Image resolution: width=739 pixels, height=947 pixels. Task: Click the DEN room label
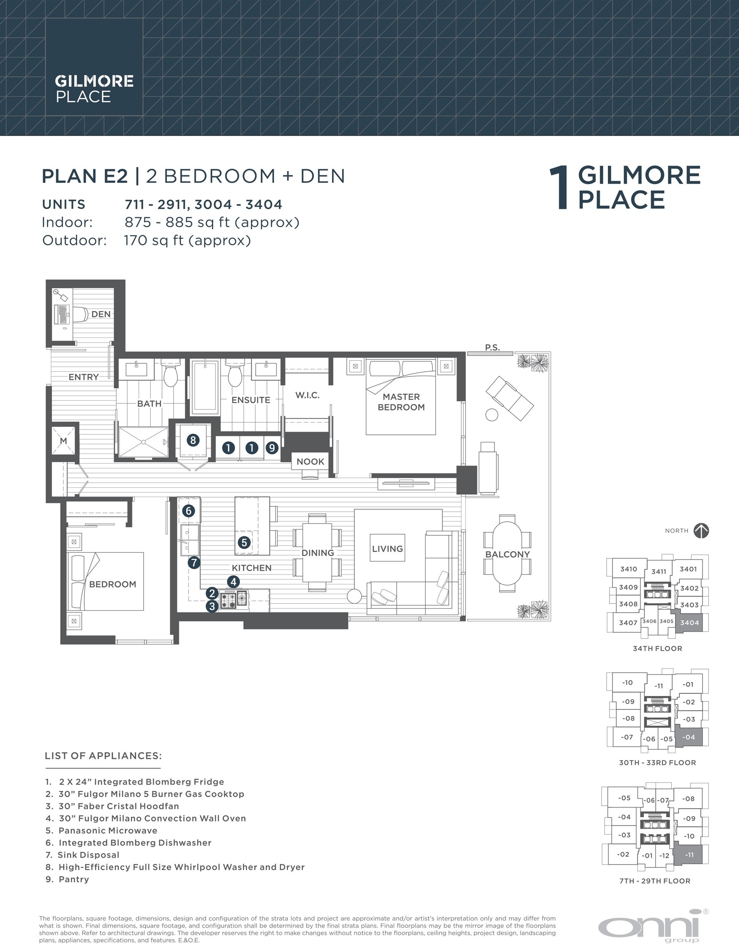pyautogui.click(x=101, y=314)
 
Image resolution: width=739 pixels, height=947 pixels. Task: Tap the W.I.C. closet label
pyautogui.click(x=307, y=395)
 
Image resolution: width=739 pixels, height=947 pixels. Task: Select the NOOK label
pyautogui.click(x=310, y=461)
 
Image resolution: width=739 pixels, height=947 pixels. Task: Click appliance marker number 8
pyautogui.click(x=193, y=441)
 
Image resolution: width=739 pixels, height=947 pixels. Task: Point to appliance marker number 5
pyautogui.click(x=244, y=542)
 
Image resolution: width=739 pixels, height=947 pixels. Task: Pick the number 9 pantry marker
pyautogui.click(x=272, y=447)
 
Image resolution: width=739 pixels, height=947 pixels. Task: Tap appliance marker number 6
pyautogui.click(x=188, y=511)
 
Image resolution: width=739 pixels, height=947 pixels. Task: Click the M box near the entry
pyautogui.click(x=63, y=441)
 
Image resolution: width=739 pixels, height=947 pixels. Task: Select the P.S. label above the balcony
pyautogui.click(x=492, y=347)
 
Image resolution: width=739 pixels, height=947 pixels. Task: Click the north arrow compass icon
pyautogui.click(x=701, y=531)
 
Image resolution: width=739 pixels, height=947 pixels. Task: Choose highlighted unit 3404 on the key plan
pyautogui.click(x=689, y=623)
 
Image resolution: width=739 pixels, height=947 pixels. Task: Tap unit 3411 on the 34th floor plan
pyautogui.click(x=659, y=572)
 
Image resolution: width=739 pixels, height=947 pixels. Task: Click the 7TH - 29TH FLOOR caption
pyautogui.click(x=655, y=881)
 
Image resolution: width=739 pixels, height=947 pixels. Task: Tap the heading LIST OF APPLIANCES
pyautogui.click(x=103, y=756)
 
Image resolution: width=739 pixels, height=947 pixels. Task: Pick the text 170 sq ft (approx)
pyautogui.click(x=188, y=240)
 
